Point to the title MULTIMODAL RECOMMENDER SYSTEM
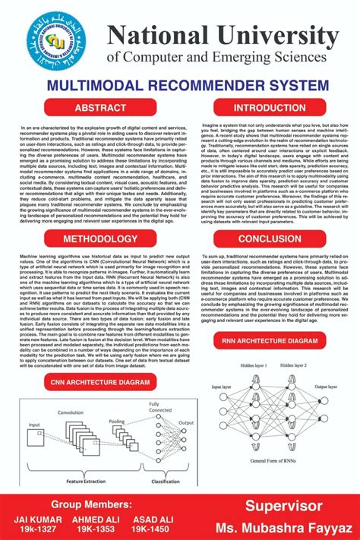181,85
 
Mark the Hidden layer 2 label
293,366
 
